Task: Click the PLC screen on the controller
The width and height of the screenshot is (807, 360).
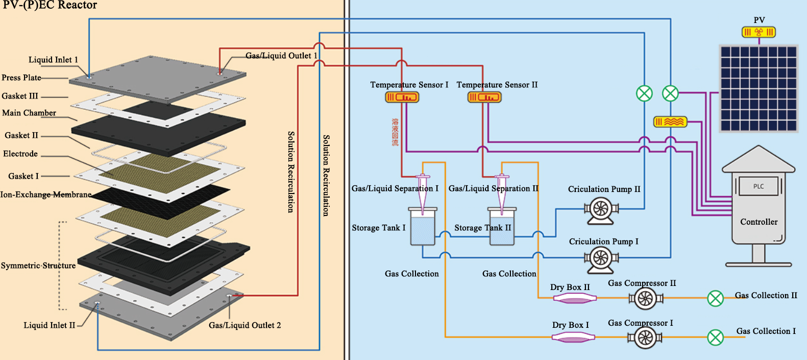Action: point(759,186)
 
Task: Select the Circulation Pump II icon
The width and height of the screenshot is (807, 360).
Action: point(601,210)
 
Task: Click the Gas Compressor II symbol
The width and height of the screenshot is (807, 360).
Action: point(645,298)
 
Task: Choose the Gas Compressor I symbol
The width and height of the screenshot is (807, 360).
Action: point(645,338)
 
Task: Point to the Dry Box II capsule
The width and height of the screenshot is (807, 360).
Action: point(575,298)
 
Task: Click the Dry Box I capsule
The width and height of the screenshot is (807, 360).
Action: point(573,338)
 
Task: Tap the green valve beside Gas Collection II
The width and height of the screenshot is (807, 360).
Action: point(716,298)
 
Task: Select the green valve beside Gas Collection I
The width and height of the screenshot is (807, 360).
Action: point(716,338)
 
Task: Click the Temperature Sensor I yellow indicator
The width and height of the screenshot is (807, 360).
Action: point(402,98)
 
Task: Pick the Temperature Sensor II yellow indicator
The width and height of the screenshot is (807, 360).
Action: point(484,98)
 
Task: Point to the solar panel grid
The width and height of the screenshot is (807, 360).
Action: point(759,88)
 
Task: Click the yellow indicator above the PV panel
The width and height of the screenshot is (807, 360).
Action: point(759,32)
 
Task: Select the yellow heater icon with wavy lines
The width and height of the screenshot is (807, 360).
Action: point(670,122)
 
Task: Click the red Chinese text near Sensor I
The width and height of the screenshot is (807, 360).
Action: point(395,132)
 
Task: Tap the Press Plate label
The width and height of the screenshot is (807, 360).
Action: point(21,78)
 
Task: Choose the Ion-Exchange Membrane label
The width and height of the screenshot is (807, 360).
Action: point(46,195)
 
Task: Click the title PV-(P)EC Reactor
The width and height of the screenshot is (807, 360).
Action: point(50,5)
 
